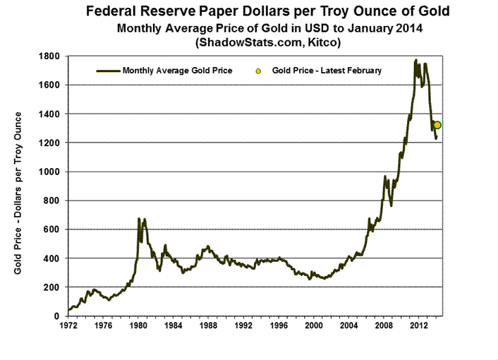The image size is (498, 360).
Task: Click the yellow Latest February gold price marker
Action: (x=437, y=125)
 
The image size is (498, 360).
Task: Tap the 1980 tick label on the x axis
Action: (x=138, y=326)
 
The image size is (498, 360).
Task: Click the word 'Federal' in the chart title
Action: (x=115, y=12)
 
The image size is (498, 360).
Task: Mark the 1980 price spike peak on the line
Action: (x=139, y=219)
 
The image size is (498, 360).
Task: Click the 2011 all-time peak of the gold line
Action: (x=416, y=60)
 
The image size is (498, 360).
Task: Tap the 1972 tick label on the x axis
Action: (x=68, y=326)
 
